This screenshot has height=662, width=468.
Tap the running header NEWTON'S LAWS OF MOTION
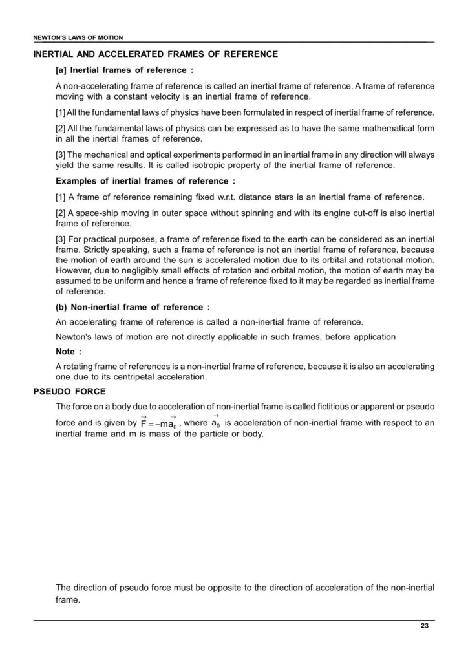(78, 38)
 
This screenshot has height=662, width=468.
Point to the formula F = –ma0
(158, 423)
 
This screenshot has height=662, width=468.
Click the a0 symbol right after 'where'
(216, 423)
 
